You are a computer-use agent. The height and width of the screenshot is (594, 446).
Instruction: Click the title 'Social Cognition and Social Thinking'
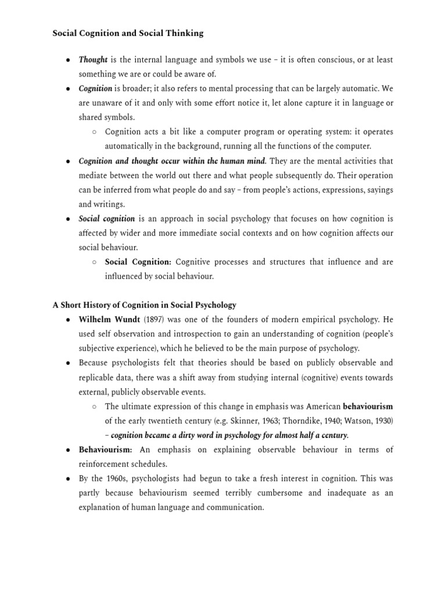(128, 33)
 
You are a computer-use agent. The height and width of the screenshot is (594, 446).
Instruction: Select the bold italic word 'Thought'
(93, 60)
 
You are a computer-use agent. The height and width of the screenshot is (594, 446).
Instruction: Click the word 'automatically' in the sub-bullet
(130, 146)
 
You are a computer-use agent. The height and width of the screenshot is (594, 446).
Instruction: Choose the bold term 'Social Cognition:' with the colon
(138, 262)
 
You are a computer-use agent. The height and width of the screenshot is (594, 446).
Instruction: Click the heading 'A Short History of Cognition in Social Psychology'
(145, 305)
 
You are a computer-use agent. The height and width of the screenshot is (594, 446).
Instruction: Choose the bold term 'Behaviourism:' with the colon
(106, 450)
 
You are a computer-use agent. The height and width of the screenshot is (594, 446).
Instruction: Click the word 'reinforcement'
(105, 464)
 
